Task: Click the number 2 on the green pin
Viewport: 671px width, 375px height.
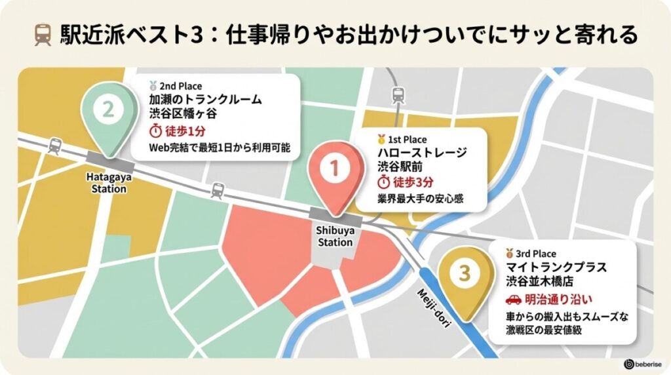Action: pyautogui.click(x=108, y=109)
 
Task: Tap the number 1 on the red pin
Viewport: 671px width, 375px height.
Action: pyautogui.click(x=334, y=169)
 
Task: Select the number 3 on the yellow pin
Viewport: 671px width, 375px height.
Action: pyautogui.click(x=465, y=273)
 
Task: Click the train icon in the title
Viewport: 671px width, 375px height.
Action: pyautogui.click(x=43, y=35)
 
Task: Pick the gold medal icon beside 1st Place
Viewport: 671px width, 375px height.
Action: pyautogui.click(x=381, y=140)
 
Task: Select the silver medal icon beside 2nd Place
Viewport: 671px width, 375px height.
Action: pyautogui.click(x=153, y=86)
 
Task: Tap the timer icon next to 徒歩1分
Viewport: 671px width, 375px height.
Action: pyautogui.click(x=156, y=130)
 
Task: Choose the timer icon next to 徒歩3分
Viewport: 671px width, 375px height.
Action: pyautogui.click(x=385, y=182)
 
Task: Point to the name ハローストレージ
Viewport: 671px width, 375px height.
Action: pyautogui.click(x=422, y=153)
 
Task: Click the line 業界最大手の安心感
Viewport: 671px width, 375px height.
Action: pyautogui.click(x=420, y=199)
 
